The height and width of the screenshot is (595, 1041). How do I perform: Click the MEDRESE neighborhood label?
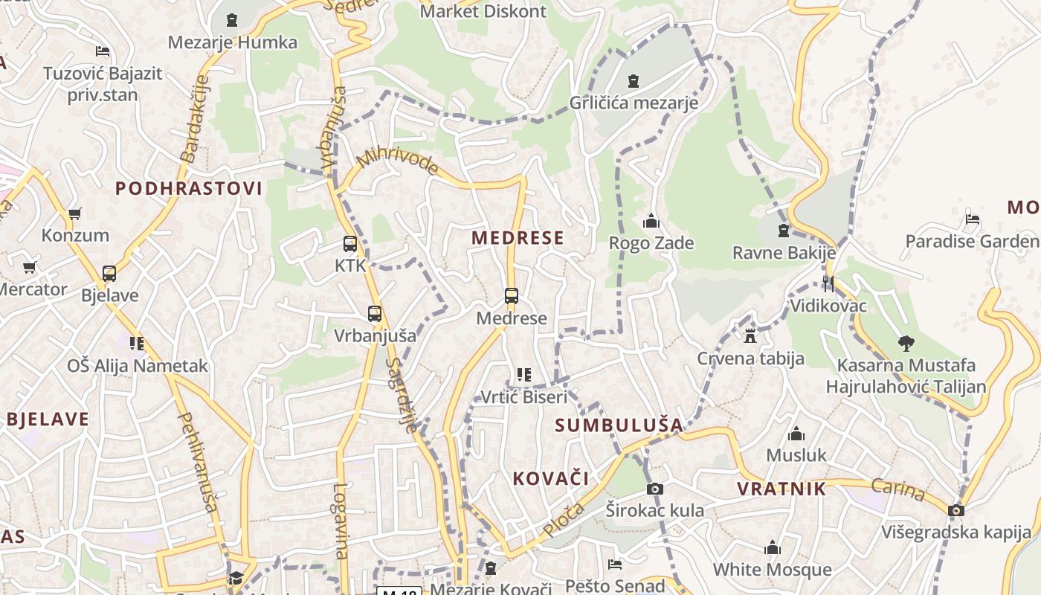coord(518,238)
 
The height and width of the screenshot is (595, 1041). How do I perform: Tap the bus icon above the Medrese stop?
coord(512,295)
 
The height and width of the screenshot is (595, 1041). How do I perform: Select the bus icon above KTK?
coord(350,243)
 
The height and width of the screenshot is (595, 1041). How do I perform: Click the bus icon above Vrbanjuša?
coord(375,314)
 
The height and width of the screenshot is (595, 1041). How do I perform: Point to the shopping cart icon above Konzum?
coord(74,214)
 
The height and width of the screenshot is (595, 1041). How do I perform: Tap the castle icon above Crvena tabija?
coord(750,336)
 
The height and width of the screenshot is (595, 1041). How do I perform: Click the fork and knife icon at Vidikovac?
coord(828,283)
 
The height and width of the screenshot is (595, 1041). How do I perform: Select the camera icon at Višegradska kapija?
coord(956,510)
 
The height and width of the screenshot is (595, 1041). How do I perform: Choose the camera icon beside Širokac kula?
coord(654,489)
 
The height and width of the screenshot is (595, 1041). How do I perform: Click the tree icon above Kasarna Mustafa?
coord(906,344)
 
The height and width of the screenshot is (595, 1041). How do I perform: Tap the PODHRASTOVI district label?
coord(189,188)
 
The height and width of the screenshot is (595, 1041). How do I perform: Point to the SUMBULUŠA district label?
coord(619,425)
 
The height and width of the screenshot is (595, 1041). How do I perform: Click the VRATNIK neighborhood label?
coord(781,489)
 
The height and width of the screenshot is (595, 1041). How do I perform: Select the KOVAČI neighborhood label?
coord(551,478)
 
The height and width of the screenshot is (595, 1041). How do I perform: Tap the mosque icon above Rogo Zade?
coord(651,221)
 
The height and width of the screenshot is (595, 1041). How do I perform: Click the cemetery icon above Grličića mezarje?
coord(634,80)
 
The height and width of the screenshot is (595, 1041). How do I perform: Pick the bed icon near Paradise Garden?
coord(972,219)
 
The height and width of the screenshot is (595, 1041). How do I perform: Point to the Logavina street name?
coord(341,521)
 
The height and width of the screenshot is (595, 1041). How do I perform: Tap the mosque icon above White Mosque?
coord(773,548)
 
